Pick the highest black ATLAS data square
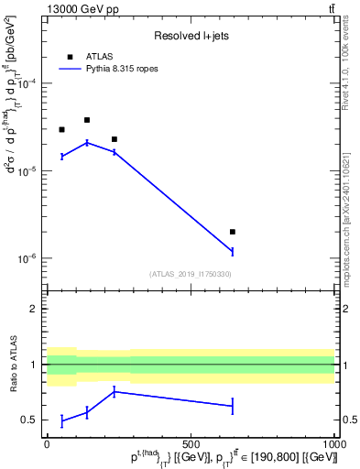[x=87, y=120]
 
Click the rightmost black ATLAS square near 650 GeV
[x=233, y=232]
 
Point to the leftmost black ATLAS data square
[x=61, y=129]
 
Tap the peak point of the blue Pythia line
[x=87, y=142]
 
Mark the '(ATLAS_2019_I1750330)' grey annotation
[x=191, y=274]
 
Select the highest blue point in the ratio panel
[x=114, y=391]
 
